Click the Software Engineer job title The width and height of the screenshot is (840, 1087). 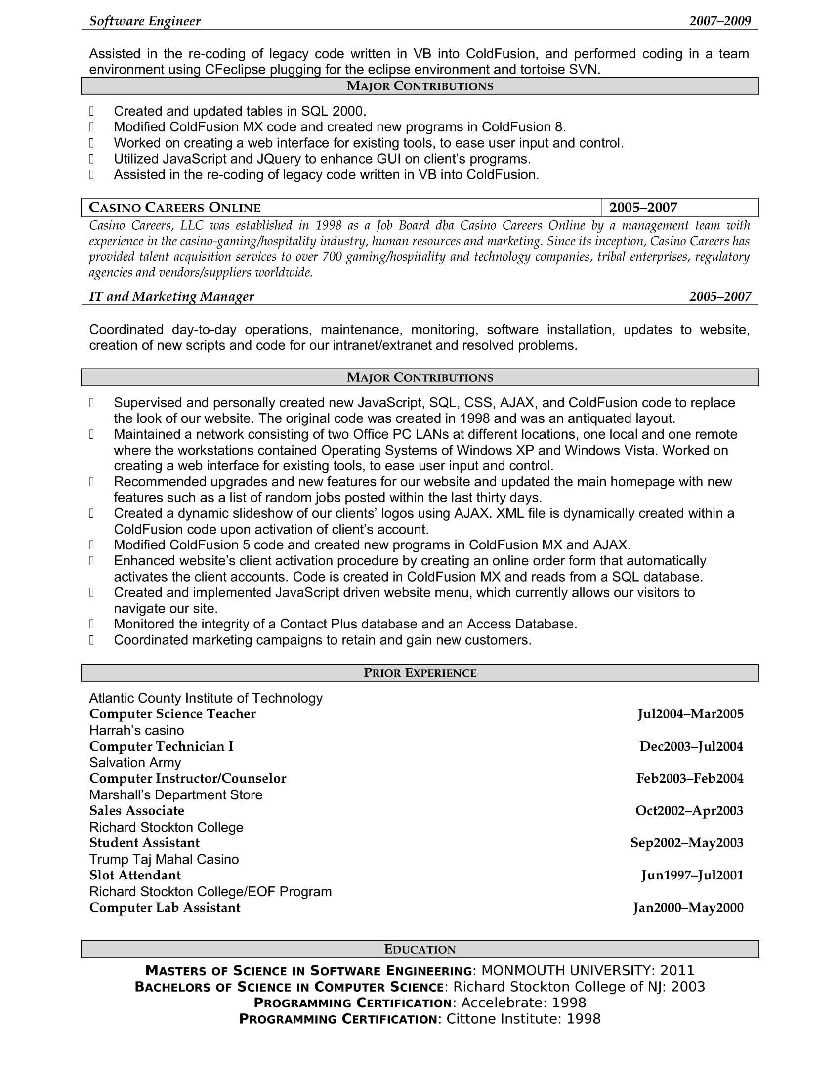pyautogui.click(x=145, y=21)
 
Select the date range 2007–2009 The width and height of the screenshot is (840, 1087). pyautogui.click(x=719, y=21)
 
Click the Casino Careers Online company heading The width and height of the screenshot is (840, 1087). pyautogui.click(x=174, y=208)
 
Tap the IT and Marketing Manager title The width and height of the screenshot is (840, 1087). pyautogui.click(x=171, y=296)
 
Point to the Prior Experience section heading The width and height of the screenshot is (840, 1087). pyautogui.click(x=420, y=673)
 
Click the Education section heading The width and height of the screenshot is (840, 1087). pyautogui.click(x=420, y=949)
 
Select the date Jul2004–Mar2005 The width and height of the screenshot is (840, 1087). pyautogui.click(x=690, y=714)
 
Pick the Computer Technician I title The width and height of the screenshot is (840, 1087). pyautogui.click(x=161, y=746)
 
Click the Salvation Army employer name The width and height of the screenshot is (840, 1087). pyautogui.click(x=135, y=762)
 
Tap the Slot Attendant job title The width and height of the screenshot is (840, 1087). pyautogui.click(x=135, y=875)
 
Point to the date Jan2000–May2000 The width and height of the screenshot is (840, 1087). pyautogui.click(x=688, y=907)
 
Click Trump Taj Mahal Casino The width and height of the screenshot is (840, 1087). pyautogui.click(x=164, y=859)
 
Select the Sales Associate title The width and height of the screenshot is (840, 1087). pyautogui.click(x=136, y=811)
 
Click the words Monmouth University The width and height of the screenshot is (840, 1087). pyautogui.click(x=566, y=971)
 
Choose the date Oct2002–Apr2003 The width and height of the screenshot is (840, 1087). pyautogui.click(x=689, y=811)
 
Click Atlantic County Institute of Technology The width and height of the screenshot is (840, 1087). pyautogui.click(x=206, y=698)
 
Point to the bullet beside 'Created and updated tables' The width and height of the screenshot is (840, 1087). pyautogui.click(x=91, y=111)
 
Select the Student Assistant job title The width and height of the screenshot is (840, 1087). pyautogui.click(x=144, y=842)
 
